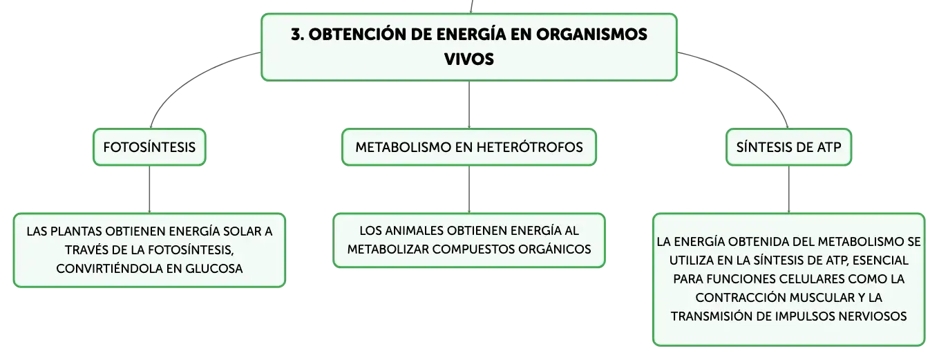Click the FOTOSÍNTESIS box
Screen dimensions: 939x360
pos(149,147)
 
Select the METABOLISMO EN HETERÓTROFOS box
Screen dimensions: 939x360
pos(469,147)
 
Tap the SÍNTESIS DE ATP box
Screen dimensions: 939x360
pos(788,147)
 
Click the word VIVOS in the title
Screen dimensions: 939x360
pos(469,59)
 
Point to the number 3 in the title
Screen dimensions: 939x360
pos(296,35)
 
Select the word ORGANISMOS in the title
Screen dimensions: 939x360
pos(591,35)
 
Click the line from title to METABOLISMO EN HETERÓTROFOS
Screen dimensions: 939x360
pos(469,105)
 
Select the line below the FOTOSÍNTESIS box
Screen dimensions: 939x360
pos(149,189)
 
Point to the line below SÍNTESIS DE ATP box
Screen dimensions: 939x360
pos(788,189)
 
